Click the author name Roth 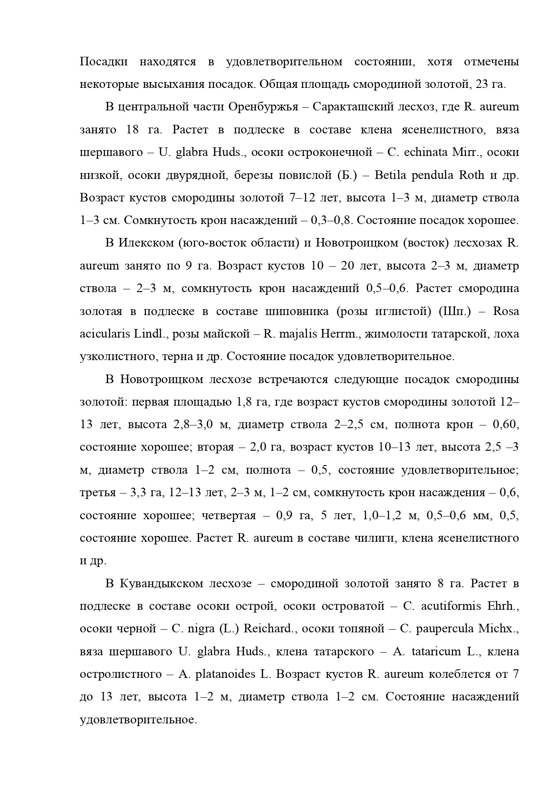coord(472,175)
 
